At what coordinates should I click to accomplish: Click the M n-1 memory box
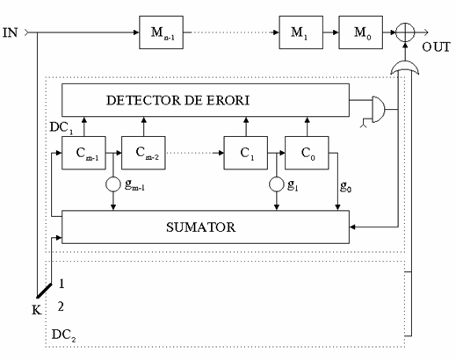click(161, 32)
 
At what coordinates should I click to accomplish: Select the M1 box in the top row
click(301, 32)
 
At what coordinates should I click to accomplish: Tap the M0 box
click(361, 32)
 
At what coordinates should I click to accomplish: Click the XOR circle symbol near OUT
click(405, 32)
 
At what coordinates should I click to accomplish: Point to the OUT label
click(436, 47)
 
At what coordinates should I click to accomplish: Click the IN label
click(11, 32)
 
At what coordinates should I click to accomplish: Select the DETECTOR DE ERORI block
click(206, 100)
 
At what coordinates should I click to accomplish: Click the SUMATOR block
click(206, 227)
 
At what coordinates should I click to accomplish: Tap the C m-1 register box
click(83, 153)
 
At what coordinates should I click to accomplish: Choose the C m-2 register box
click(143, 153)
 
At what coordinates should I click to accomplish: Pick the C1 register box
click(246, 153)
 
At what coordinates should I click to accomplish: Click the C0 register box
click(307, 153)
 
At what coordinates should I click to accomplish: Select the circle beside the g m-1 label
click(113, 184)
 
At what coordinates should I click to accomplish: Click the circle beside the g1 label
click(277, 184)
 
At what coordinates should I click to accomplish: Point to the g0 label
click(345, 186)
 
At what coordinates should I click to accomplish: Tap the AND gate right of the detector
click(379, 110)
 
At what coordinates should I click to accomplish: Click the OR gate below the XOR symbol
click(405, 68)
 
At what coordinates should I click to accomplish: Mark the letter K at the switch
click(37, 310)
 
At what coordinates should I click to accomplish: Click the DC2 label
click(63, 335)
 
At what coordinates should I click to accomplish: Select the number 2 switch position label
click(61, 306)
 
